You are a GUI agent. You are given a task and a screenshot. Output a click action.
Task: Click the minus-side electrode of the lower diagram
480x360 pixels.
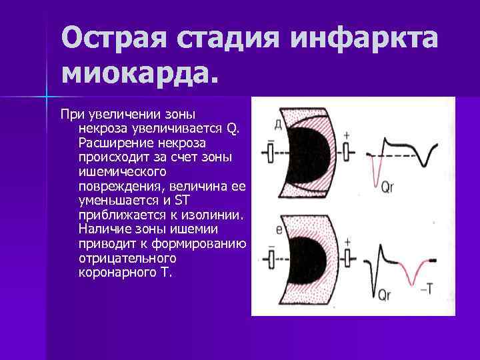coord(271,259)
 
